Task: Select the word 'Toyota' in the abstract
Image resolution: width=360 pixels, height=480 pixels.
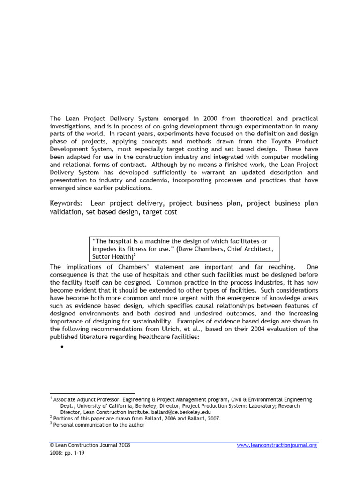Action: click(279, 141)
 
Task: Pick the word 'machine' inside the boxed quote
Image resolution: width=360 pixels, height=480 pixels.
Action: click(145, 241)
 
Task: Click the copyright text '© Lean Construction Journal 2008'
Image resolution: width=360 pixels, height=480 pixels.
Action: click(90, 445)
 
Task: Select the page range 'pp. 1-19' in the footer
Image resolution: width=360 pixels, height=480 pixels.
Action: click(75, 453)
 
